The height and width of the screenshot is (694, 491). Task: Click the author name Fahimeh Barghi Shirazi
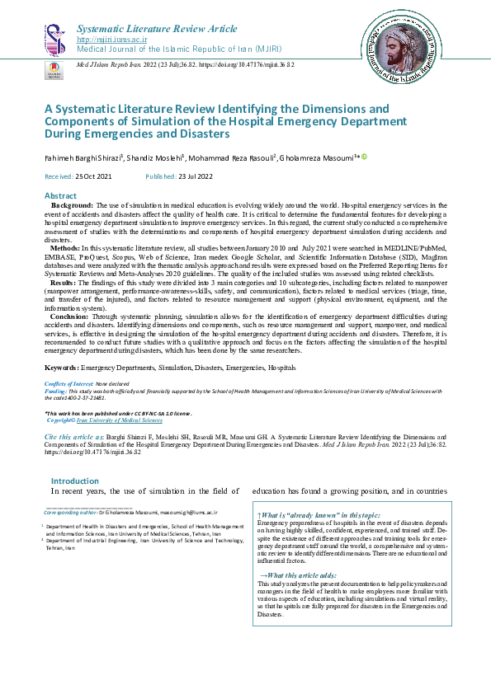82,157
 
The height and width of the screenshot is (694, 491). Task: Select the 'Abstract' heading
59,195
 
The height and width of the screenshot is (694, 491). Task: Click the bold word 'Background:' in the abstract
72,204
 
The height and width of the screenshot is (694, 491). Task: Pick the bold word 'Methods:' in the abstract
65,247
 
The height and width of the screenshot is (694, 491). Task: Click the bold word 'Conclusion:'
72,316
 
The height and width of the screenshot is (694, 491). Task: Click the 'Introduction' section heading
75,481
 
